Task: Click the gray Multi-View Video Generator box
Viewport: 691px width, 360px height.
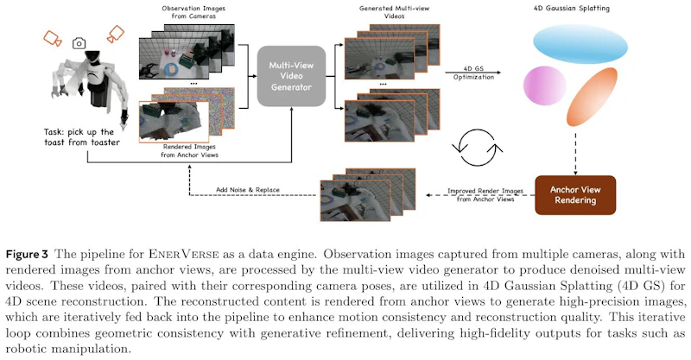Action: point(291,76)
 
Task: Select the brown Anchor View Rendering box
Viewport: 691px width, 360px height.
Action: point(575,195)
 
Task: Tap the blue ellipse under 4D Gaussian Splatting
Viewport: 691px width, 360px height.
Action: point(580,44)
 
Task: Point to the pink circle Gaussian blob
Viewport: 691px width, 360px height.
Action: point(545,85)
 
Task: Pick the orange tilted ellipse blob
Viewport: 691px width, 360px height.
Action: point(592,97)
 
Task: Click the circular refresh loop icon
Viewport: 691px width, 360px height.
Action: point(478,147)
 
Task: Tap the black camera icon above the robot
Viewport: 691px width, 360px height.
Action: point(79,43)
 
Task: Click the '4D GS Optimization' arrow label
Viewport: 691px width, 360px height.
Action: point(473,73)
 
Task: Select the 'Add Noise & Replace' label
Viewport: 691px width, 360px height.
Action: point(248,190)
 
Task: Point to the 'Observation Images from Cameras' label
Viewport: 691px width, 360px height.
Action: point(193,12)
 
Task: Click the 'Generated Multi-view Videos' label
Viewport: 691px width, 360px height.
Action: point(394,12)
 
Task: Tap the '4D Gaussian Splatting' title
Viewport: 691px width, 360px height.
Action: point(572,8)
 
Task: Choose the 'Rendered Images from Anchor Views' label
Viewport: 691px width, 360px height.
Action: point(189,151)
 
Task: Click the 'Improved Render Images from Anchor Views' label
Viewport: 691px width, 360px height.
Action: point(485,195)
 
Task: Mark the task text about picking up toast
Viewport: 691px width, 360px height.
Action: point(82,137)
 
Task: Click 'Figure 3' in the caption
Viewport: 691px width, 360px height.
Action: point(27,255)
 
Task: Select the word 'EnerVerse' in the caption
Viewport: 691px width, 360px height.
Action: point(183,255)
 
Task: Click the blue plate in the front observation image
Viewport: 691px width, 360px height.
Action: point(170,69)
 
